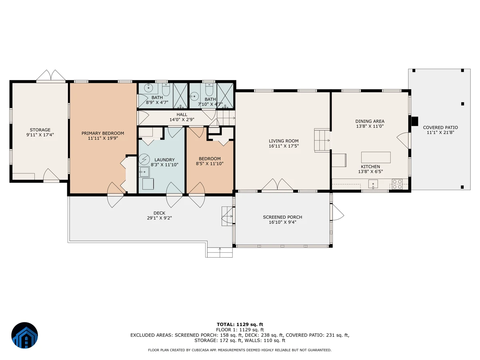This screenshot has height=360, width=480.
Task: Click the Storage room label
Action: point(40,130)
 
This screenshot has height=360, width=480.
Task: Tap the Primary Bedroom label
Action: point(103,133)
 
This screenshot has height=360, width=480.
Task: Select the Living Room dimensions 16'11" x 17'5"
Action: point(284,146)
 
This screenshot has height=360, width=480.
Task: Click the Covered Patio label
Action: point(440,128)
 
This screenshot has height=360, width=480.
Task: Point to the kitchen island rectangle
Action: point(376,157)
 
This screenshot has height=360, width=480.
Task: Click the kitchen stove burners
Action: point(397,184)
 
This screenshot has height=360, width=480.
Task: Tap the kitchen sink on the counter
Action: point(373,184)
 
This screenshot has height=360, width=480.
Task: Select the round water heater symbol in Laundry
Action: point(144,159)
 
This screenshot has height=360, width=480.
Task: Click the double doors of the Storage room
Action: point(51,76)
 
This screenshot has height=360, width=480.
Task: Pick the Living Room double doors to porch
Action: point(277,185)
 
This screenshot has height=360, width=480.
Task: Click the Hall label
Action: point(182,114)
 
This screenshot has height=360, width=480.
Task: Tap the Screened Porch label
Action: point(282,217)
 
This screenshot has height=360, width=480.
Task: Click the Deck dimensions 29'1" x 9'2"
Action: point(160,218)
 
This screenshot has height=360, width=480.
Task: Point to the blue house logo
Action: point(24,335)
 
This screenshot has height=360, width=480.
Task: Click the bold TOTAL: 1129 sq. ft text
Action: point(240,324)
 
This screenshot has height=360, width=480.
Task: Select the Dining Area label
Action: point(370,121)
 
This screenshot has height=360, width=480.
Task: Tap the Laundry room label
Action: point(164,160)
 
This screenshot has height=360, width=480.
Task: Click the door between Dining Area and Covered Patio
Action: point(404,140)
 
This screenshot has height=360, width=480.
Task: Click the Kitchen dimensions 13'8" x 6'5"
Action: point(370,172)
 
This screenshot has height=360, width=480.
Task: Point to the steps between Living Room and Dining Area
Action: point(322,140)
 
